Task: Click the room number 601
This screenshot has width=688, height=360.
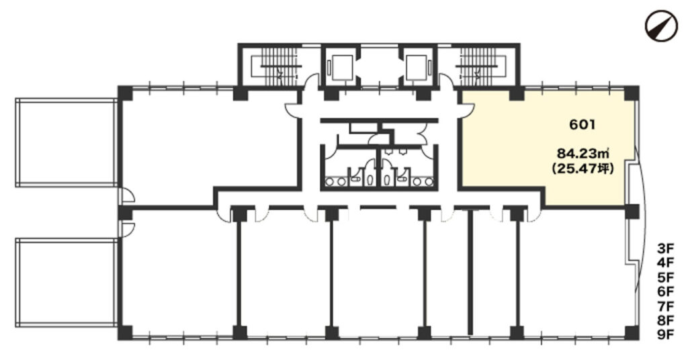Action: point(583,125)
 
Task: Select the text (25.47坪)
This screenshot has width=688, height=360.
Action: point(583,168)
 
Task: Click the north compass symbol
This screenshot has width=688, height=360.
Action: point(661,25)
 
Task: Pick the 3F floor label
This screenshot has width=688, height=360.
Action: point(666,249)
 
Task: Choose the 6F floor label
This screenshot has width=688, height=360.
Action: point(666,291)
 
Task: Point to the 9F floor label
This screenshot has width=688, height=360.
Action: point(666,334)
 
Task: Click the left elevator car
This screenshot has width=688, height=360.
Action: point(342,68)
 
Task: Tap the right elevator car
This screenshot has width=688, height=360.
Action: point(415,68)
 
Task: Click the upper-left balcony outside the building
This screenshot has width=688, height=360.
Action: point(67,142)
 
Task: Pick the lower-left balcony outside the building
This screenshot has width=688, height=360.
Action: point(67,282)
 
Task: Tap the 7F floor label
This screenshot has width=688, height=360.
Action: point(666,306)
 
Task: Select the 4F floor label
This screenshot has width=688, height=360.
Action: point(666,263)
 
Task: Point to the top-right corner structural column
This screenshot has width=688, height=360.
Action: point(632,93)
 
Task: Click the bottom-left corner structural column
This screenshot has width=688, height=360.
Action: point(126,333)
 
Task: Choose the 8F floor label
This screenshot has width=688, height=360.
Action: point(666,320)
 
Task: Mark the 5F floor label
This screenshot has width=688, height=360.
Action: point(666,277)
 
